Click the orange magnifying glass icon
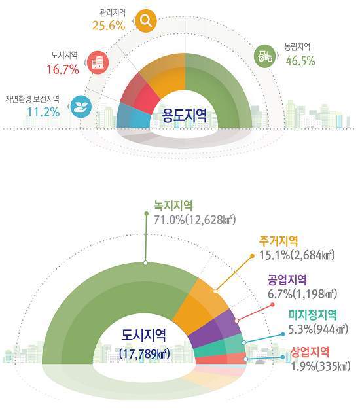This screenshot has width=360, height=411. [146, 20]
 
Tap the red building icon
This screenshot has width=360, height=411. [98, 62]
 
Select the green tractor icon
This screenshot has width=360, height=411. [265, 56]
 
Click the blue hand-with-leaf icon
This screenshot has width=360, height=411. [81, 106]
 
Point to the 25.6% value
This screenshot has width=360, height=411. [109, 26]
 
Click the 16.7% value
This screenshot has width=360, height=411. [63, 69]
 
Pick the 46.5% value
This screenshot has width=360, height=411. [300, 61]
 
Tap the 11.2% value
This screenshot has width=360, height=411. [43, 112]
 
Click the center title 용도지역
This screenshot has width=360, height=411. [185, 116]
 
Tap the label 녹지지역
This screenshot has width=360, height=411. [173, 206]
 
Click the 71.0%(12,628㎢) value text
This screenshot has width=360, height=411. [194, 220]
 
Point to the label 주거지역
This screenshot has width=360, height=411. [278, 241]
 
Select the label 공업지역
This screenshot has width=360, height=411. [287, 280]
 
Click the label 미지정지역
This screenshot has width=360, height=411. [312, 315]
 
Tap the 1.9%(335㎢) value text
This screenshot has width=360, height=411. [321, 366]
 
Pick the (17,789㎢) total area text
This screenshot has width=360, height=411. [145, 354]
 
